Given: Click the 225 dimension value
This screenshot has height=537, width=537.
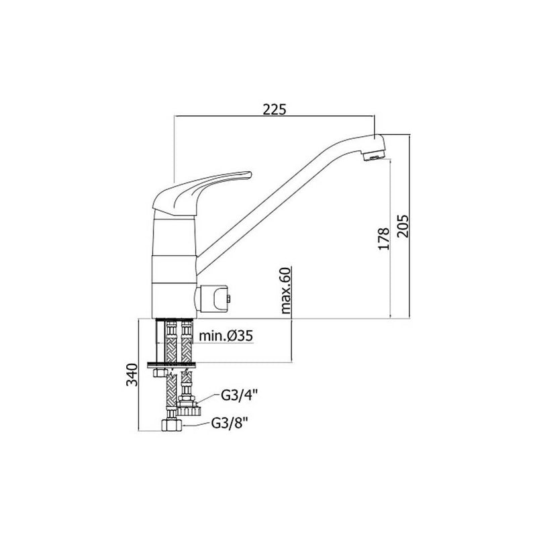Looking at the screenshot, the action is tap(274, 109).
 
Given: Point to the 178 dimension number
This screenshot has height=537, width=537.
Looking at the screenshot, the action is tap(384, 238).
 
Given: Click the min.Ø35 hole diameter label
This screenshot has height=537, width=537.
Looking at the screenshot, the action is tap(226, 336).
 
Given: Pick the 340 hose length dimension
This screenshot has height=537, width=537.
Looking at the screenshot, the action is tap(132, 375).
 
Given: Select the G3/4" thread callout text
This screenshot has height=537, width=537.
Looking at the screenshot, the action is tap(239, 396).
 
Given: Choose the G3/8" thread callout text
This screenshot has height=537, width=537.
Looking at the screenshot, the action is tap(229, 424).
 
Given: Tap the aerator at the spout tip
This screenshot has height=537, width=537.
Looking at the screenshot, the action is tap(373, 157).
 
